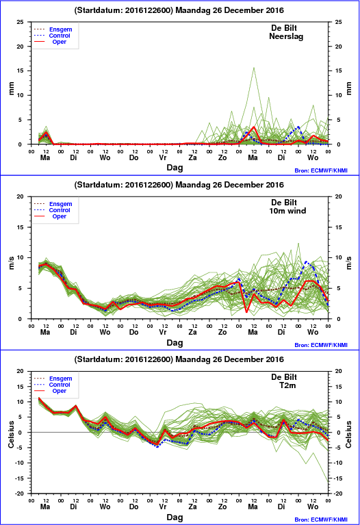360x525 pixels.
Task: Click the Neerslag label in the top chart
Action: (286, 36)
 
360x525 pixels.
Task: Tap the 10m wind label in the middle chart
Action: (287, 211)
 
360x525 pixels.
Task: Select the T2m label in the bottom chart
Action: (287, 385)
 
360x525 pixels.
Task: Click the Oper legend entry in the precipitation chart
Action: (60, 42)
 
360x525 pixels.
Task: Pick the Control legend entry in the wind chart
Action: (60, 210)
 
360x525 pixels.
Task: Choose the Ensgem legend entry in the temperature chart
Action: (61, 379)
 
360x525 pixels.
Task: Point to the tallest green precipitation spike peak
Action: (254, 68)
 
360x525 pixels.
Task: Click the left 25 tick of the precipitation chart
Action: (21, 22)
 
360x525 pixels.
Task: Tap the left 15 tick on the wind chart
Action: (21, 227)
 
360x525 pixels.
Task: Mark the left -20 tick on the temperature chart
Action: (20, 494)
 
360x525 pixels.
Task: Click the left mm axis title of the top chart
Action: (12, 88)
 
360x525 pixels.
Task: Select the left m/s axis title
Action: (12, 263)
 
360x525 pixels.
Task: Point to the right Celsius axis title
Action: (348, 434)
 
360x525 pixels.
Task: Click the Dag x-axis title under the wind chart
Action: (175, 342)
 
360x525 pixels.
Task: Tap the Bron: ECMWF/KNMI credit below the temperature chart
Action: (321, 520)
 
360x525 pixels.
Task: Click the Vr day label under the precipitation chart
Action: (163, 157)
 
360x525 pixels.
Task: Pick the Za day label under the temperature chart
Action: (192, 507)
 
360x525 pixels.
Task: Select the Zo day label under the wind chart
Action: (222, 332)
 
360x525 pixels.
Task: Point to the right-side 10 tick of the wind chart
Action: (338, 257)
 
